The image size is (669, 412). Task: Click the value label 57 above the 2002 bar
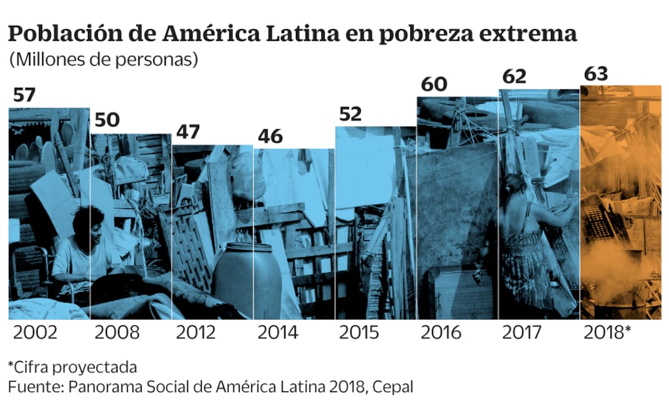tap(25, 96)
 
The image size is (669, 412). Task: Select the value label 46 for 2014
tap(270, 136)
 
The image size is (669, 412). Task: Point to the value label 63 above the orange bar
tap(595, 74)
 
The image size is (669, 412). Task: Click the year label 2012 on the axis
tap(196, 333)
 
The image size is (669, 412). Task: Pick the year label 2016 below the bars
tap(441, 333)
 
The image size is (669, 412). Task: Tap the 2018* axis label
tap(607, 333)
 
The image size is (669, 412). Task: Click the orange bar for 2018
tap(620, 204)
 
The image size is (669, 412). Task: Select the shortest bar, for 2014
tap(294, 235)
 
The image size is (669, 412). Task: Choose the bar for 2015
tap(376, 223)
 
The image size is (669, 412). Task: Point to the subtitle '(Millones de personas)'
tap(103, 60)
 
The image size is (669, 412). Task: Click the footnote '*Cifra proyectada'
tap(72, 367)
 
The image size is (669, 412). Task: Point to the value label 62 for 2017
tap(514, 77)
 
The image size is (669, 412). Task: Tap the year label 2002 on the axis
tap(35, 333)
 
